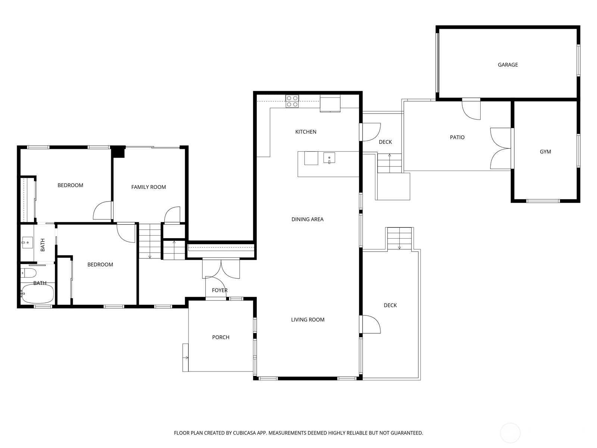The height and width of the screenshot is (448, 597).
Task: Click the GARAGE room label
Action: (x=507, y=65)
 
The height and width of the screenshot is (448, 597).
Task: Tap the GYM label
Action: (x=545, y=152)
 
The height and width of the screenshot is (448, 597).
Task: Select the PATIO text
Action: (x=457, y=137)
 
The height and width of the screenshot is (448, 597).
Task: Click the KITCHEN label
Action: (x=306, y=132)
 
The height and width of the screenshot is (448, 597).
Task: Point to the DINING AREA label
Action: (x=307, y=219)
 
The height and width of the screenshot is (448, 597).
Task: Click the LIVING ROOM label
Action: (x=307, y=320)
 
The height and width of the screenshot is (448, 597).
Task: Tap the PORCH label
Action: (x=221, y=337)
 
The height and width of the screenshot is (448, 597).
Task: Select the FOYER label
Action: (x=219, y=290)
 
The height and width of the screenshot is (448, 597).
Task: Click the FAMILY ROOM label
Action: (x=149, y=187)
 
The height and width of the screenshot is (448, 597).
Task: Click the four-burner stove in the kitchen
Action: (x=292, y=101)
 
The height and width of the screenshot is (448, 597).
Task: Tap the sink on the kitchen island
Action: (x=329, y=158)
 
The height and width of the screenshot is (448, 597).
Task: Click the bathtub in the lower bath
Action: (x=37, y=293)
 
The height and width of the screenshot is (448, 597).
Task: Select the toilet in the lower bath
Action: (x=28, y=273)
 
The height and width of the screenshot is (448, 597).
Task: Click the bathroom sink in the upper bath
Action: (x=26, y=243)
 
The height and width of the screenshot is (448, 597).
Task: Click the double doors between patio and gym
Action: (x=500, y=149)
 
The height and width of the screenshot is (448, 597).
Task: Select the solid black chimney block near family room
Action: (x=119, y=152)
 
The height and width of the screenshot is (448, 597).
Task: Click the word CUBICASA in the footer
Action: (x=246, y=433)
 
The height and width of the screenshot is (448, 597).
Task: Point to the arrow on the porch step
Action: (x=185, y=358)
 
